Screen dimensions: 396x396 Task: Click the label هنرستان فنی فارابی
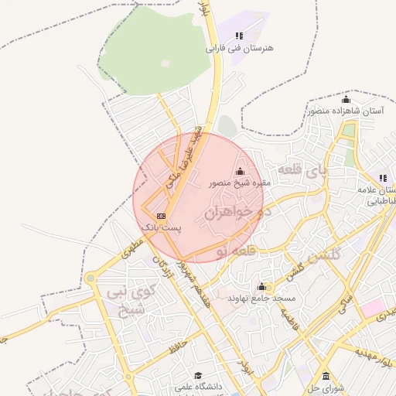point(240,48)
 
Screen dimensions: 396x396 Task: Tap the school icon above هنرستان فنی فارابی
point(239,36)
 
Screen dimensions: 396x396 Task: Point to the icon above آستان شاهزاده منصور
point(346,100)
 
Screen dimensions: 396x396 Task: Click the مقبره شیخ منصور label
point(240,184)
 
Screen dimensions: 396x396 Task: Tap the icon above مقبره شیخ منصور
point(240,172)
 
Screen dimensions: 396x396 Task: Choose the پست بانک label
point(162,228)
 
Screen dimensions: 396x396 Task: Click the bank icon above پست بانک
point(161,216)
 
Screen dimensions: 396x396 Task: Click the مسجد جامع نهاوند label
point(262,298)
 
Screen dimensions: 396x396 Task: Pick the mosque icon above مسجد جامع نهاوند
point(262,286)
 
